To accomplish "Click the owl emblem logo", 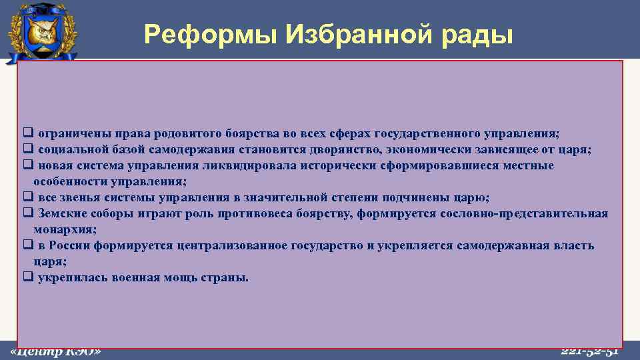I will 41,33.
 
